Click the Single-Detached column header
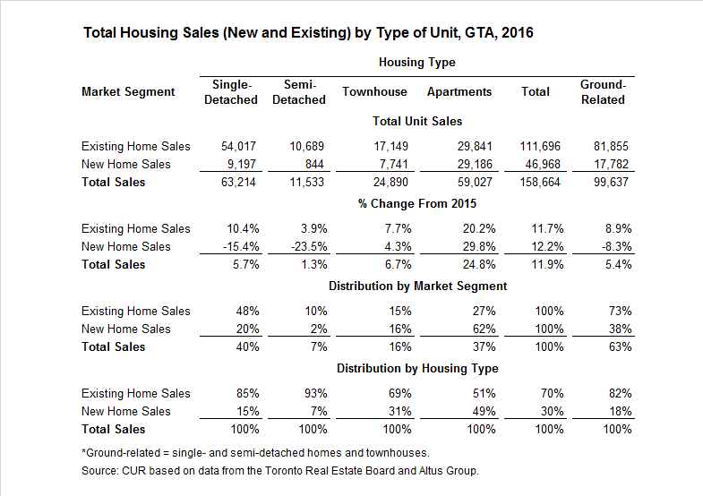pyautogui.click(x=230, y=92)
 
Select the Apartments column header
pyautogui.click(x=459, y=91)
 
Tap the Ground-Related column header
pyautogui.click(x=603, y=92)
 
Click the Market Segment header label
pyautogui.click(x=128, y=91)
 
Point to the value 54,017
pyautogui.click(x=238, y=146)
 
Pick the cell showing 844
pyautogui.click(x=314, y=164)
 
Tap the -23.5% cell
pyautogui.click(x=307, y=246)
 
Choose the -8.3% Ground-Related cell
pyautogui.click(x=616, y=246)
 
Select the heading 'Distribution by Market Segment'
pyautogui.click(x=417, y=286)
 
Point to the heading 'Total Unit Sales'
pyautogui.click(x=417, y=121)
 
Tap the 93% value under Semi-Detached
pyautogui.click(x=313, y=393)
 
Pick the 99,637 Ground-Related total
pyautogui.click(x=611, y=182)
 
